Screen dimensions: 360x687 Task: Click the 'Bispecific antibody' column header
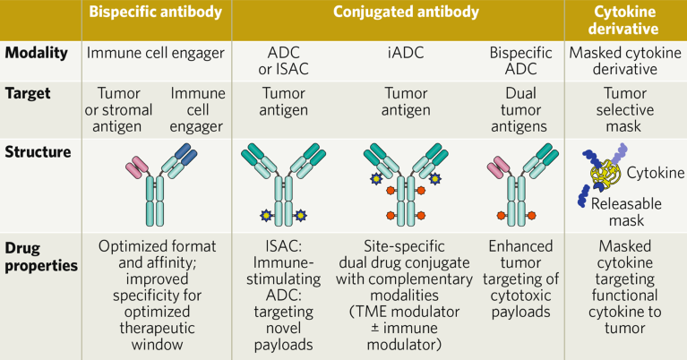155,14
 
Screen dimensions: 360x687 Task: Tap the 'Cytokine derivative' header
624,21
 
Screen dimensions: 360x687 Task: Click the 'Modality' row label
39,52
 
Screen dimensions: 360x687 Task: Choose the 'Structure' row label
39,151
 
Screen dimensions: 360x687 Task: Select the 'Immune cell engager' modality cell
154,52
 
